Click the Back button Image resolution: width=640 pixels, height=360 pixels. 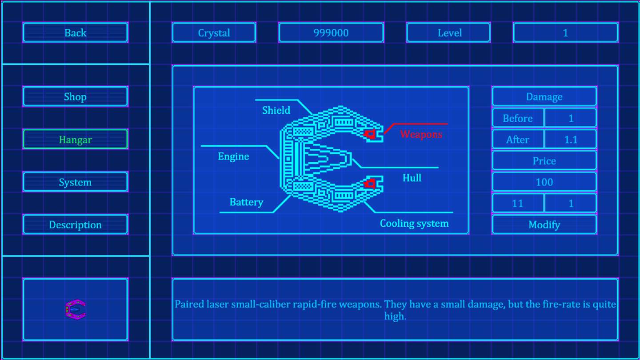76,32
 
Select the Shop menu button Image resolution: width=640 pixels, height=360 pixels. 76,96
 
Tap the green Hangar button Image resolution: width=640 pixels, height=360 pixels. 76,139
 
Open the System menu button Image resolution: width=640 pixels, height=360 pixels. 76,182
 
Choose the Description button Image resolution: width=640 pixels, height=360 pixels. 76,224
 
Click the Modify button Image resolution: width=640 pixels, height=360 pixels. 544,224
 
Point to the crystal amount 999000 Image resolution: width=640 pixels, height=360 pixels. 331,32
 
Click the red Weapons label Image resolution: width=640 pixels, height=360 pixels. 421,134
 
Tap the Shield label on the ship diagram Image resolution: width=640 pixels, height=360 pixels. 276,110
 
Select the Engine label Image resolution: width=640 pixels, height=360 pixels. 233,156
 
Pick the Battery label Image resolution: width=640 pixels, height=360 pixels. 246,202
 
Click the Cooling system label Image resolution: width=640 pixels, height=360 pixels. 414,223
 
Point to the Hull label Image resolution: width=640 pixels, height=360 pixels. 412,178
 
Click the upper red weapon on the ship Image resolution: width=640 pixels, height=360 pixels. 370,134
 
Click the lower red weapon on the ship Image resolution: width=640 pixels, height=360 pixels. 370,184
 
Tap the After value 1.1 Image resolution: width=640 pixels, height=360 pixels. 571,140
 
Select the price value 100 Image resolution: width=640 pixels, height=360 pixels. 544,182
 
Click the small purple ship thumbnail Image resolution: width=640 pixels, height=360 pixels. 76,310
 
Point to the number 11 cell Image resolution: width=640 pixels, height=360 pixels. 518,204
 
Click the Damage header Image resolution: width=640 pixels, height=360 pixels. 544,96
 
